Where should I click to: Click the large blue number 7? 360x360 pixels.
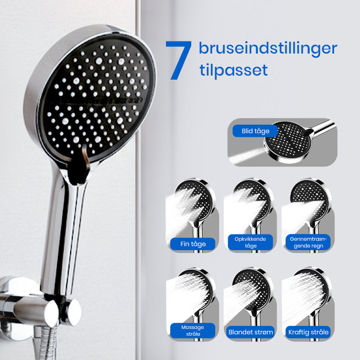(179, 60)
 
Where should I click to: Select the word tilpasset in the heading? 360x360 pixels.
(234, 70)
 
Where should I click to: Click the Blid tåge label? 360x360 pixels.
(255, 131)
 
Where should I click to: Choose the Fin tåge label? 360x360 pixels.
(193, 244)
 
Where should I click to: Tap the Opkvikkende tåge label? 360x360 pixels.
(250, 242)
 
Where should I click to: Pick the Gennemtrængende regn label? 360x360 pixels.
(308, 242)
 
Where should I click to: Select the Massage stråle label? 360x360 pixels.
(193, 330)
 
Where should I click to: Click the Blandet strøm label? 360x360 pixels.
(251, 332)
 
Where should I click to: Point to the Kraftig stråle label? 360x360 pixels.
(308, 332)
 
